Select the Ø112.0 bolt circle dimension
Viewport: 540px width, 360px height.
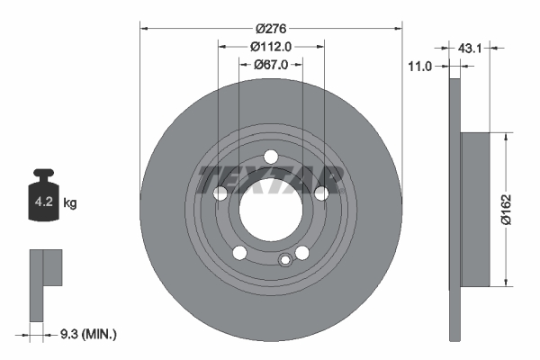[x=270, y=46]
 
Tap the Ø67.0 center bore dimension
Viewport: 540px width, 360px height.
[x=270, y=64]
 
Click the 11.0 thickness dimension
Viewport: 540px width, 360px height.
[x=421, y=66]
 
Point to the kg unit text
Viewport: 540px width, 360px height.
[x=70, y=203]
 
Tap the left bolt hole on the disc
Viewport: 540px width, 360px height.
[x=220, y=193]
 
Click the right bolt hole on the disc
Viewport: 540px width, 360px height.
[x=320, y=193]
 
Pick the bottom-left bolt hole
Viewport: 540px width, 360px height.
[x=238, y=252]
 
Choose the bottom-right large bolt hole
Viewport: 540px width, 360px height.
[x=302, y=252]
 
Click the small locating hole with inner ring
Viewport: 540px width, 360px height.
[x=285, y=261]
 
